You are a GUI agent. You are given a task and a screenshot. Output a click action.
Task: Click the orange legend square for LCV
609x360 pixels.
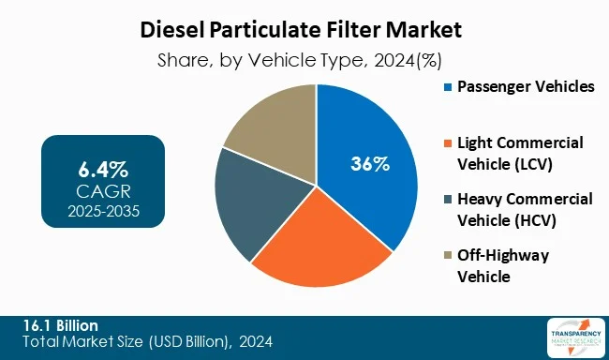(447, 143)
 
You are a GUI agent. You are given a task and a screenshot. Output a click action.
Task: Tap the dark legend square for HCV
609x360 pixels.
(447, 200)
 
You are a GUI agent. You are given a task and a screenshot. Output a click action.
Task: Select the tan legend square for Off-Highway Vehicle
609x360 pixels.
(447, 256)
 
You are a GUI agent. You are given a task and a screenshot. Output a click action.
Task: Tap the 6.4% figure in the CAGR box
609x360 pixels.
(103, 170)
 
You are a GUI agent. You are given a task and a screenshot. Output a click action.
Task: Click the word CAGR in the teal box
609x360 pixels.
(103, 191)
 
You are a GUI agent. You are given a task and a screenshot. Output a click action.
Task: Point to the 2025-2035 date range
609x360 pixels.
(103, 211)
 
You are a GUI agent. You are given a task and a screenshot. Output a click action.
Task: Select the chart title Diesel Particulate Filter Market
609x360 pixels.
(304, 29)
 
